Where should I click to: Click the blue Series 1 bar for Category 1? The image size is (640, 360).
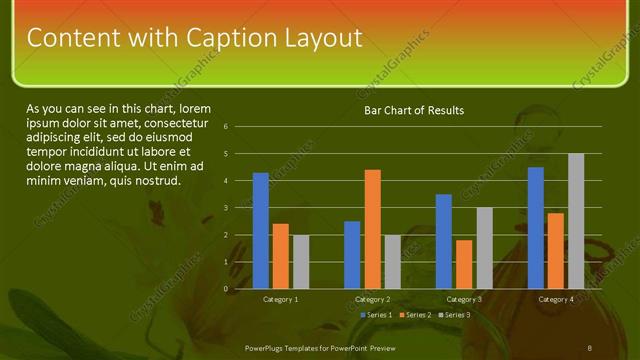[x=261, y=231]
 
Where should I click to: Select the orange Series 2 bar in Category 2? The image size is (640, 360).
[x=372, y=229]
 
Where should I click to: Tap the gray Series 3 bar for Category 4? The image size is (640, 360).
[x=576, y=221]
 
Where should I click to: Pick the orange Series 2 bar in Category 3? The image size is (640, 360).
[x=464, y=264]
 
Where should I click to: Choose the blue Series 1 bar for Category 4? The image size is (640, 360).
[x=536, y=228]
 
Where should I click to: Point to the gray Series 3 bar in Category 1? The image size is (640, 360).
[x=301, y=262]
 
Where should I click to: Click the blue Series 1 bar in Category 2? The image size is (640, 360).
[x=352, y=255]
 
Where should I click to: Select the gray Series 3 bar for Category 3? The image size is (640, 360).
[x=484, y=248]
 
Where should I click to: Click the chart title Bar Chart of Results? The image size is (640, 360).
[x=413, y=110]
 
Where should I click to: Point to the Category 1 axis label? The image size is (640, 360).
[x=281, y=299]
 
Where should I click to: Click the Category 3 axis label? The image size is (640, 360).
[x=464, y=299]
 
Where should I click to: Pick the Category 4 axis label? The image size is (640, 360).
[x=556, y=299]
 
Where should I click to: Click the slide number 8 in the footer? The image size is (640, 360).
[x=590, y=346]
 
